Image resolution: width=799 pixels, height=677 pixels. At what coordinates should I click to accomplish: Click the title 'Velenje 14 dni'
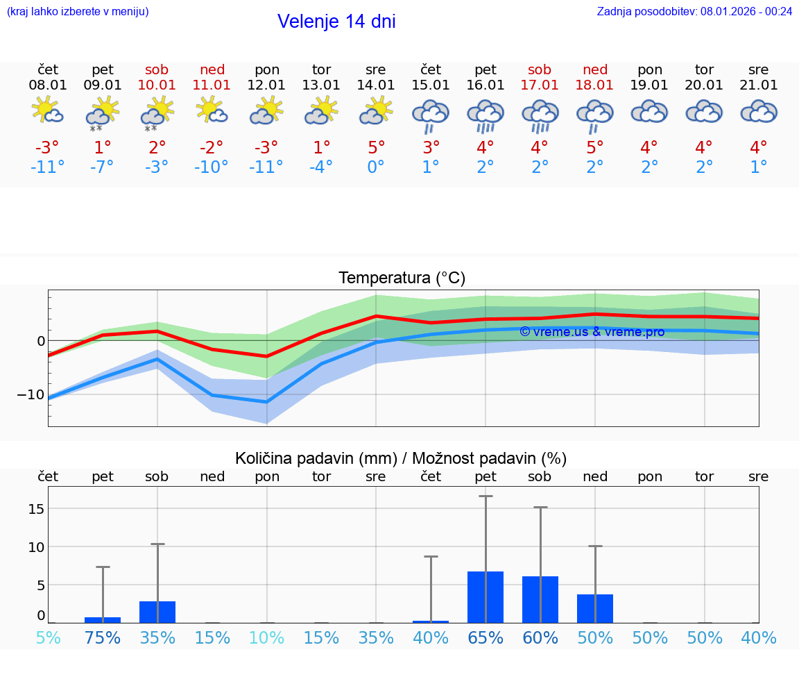336,22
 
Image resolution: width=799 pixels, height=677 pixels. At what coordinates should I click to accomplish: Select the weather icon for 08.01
48,111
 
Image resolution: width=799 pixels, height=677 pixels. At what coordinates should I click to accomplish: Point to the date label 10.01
157,85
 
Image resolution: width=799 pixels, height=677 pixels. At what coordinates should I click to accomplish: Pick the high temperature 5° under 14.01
376,148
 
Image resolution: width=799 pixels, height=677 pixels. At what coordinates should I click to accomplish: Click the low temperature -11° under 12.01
267,167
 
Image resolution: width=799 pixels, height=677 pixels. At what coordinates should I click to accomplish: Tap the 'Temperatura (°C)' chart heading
402,278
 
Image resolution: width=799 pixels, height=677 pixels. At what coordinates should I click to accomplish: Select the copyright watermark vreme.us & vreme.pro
592,332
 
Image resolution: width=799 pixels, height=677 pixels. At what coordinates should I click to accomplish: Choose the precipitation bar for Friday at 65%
486,597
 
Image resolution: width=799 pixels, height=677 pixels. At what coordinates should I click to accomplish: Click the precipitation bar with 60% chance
540,599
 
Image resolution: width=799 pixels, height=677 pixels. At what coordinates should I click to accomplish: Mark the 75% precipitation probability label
103,638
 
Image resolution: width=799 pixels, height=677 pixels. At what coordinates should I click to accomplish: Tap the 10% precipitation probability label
267,638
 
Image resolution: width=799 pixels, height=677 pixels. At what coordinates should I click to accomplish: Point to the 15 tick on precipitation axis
37,509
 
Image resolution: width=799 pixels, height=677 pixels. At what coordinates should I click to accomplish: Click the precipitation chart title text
401,458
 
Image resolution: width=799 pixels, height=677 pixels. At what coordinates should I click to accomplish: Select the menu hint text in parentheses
78,11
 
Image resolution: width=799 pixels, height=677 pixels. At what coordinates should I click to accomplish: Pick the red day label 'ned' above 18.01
595,69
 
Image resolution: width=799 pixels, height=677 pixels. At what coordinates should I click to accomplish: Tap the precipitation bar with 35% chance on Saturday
157,612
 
